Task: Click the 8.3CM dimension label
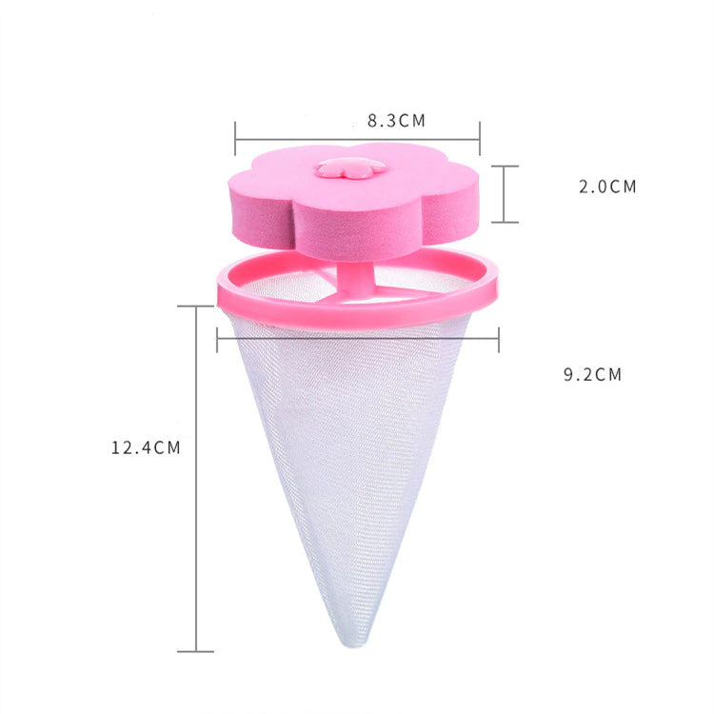coord(396,121)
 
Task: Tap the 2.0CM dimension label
coord(607,187)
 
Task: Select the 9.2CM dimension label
coord(592,374)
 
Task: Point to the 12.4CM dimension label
coord(146,446)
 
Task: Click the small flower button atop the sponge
coord(350,169)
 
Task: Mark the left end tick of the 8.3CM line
coord(235,138)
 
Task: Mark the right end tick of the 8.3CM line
coord(480,138)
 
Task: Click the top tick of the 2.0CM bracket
coord(505,166)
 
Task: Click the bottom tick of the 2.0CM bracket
coord(505,222)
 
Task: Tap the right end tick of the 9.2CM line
coord(498,339)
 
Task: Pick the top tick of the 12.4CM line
coord(196,307)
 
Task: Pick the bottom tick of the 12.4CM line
coord(196,651)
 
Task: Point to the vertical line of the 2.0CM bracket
coord(505,194)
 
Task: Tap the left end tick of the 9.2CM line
coord(217,339)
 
